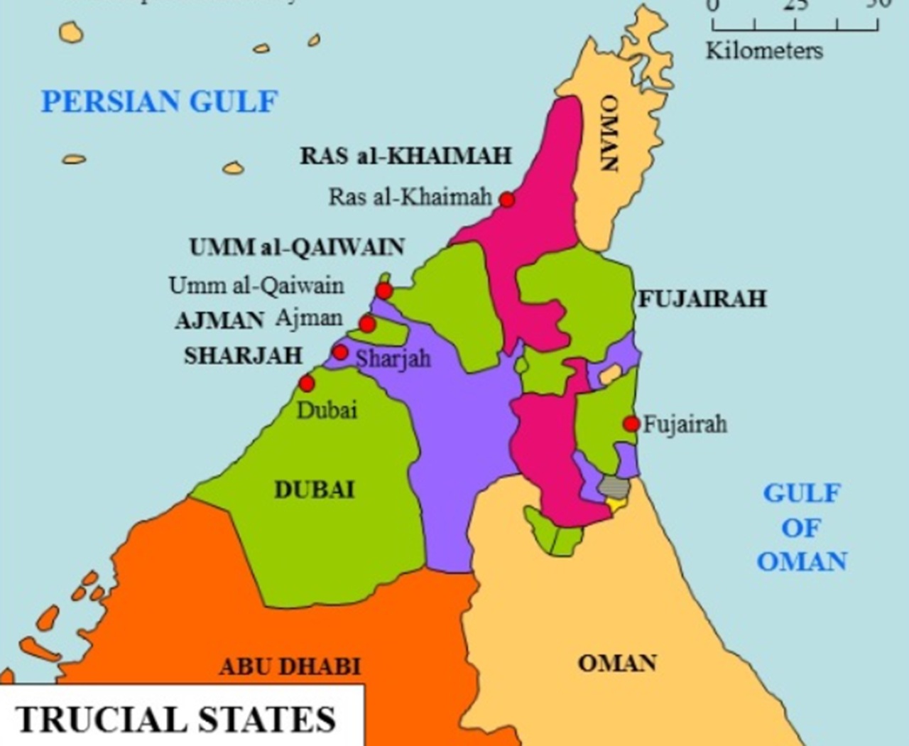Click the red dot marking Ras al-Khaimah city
pyautogui.click(x=506, y=200)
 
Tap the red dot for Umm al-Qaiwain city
pyautogui.click(x=383, y=291)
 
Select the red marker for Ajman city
pyautogui.click(x=367, y=325)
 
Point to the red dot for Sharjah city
pyautogui.click(x=340, y=352)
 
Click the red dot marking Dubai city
pyautogui.click(x=306, y=384)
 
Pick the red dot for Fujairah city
pyautogui.click(x=631, y=424)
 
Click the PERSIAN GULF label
pyautogui.click(x=159, y=102)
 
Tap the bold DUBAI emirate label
pyautogui.click(x=314, y=490)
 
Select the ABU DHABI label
pyautogui.click(x=290, y=666)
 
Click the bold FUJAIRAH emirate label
pyautogui.click(x=702, y=298)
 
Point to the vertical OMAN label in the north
pyautogui.click(x=610, y=133)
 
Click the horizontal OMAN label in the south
pyautogui.click(x=616, y=663)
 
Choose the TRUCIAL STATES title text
pyautogui.click(x=175, y=719)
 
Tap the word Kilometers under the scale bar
pyautogui.click(x=764, y=51)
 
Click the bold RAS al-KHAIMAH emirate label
pyautogui.click(x=405, y=156)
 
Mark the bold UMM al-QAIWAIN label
pyautogui.click(x=297, y=247)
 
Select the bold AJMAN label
pyautogui.click(x=219, y=320)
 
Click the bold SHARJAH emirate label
pyautogui.click(x=244, y=355)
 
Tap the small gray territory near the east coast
pyautogui.click(x=614, y=487)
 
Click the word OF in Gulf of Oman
pyautogui.click(x=801, y=528)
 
